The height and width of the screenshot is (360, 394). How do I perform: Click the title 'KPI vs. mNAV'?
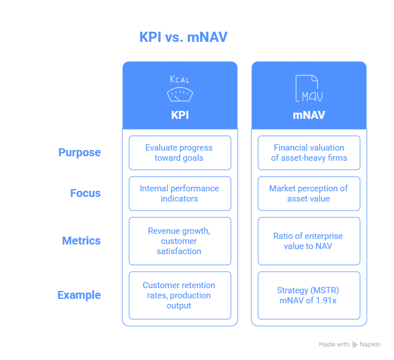pyautogui.click(x=183, y=37)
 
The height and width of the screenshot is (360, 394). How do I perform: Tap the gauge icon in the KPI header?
pyautogui.click(x=180, y=94)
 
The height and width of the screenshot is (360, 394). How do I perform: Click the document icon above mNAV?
pyautogui.click(x=309, y=88)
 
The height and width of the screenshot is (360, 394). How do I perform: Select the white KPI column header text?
pyautogui.click(x=180, y=115)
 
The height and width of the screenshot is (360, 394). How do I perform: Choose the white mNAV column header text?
pyautogui.click(x=309, y=115)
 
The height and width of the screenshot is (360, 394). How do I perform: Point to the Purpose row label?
pyautogui.click(x=79, y=152)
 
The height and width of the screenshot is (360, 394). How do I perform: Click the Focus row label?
pyautogui.click(x=85, y=193)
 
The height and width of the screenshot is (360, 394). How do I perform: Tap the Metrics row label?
pyautogui.click(x=82, y=241)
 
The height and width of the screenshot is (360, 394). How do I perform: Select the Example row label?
pyautogui.click(x=79, y=295)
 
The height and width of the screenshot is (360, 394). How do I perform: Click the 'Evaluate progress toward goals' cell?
pyautogui.click(x=180, y=153)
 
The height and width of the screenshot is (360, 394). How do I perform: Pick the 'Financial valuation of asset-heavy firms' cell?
pyautogui.click(x=309, y=153)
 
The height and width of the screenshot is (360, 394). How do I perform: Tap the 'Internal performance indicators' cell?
pyautogui.click(x=180, y=194)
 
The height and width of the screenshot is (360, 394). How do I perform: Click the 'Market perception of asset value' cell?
pyautogui.click(x=309, y=194)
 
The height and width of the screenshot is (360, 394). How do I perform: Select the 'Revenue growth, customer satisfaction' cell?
pyautogui.click(x=180, y=241)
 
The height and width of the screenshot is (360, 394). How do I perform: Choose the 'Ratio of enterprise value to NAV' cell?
pyautogui.click(x=309, y=241)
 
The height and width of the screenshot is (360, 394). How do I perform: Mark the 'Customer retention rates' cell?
pyautogui.click(x=180, y=295)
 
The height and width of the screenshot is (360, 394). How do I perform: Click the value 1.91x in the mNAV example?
pyautogui.click(x=326, y=301)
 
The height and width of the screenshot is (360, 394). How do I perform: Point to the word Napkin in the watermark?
pyautogui.click(x=370, y=344)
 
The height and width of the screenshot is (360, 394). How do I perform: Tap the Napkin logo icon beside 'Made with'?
pyautogui.click(x=354, y=344)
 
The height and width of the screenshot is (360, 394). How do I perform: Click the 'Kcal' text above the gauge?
pyautogui.click(x=179, y=79)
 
